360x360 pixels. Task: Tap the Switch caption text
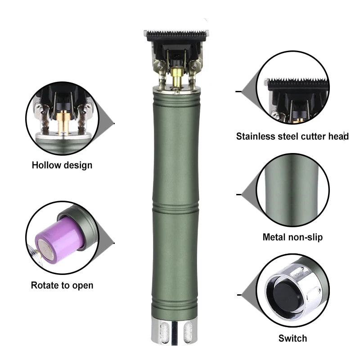pos(292,338)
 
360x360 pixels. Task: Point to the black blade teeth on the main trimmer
pos(176,35)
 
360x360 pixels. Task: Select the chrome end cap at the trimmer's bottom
pos(175,331)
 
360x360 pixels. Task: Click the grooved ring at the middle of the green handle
pos(175,208)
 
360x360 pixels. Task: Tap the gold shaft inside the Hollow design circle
pos(63,121)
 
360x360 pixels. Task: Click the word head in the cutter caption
pos(338,136)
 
